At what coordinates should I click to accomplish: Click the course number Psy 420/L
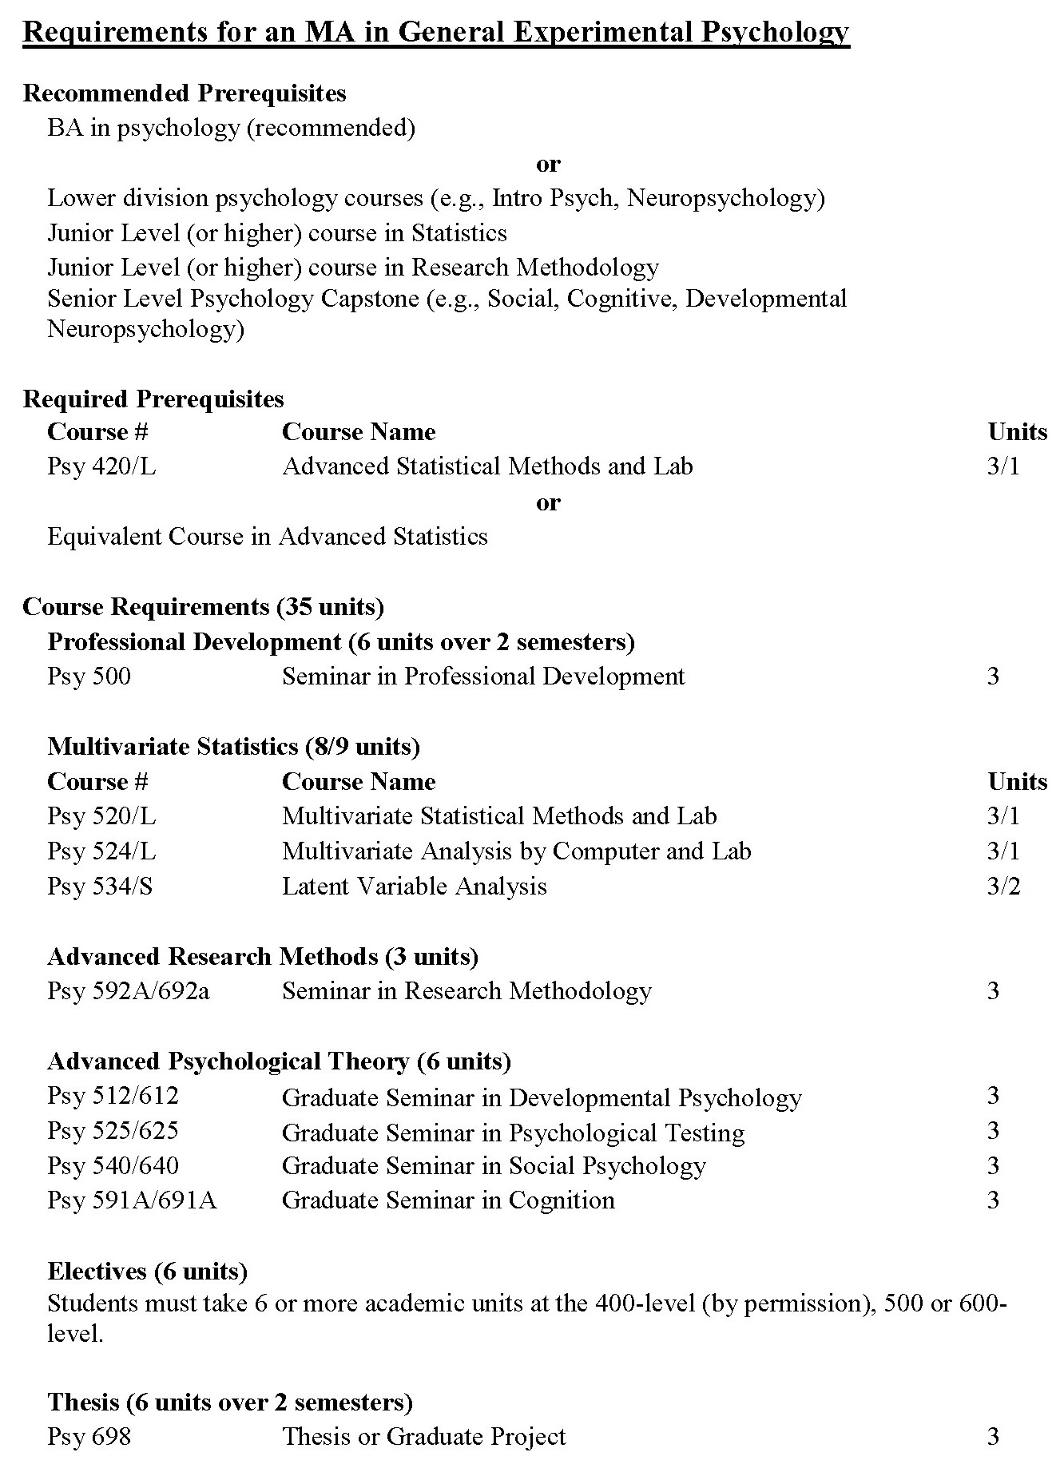(x=101, y=466)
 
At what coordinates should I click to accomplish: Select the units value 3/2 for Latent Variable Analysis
(x=1003, y=887)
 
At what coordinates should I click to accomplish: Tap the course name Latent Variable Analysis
(x=414, y=887)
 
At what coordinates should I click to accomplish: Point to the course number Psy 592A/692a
(x=128, y=991)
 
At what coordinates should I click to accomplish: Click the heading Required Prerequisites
(x=153, y=399)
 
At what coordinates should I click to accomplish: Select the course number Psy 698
(x=89, y=1437)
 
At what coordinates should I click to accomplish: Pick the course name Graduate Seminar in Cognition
(x=448, y=1200)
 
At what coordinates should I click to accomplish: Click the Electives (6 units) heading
(x=147, y=1271)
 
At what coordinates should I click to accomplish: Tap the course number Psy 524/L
(x=101, y=851)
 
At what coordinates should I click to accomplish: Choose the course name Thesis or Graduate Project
(x=423, y=1437)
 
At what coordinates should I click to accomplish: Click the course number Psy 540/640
(x=113, y=1166)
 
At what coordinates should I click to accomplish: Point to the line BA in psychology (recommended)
(x=231, y=128)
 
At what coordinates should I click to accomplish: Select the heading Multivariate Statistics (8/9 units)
(x=233, y=746)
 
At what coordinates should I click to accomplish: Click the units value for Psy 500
(x=993, y=676)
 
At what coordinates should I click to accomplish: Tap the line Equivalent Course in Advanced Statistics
(x=267, y=536)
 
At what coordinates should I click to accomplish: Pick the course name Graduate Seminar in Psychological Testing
(x=513, y=1133)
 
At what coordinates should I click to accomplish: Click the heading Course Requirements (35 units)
(x=203, y=607)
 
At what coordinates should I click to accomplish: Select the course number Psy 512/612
(x=113, y=1096)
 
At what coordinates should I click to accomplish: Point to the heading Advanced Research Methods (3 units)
(x=262, y=956)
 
